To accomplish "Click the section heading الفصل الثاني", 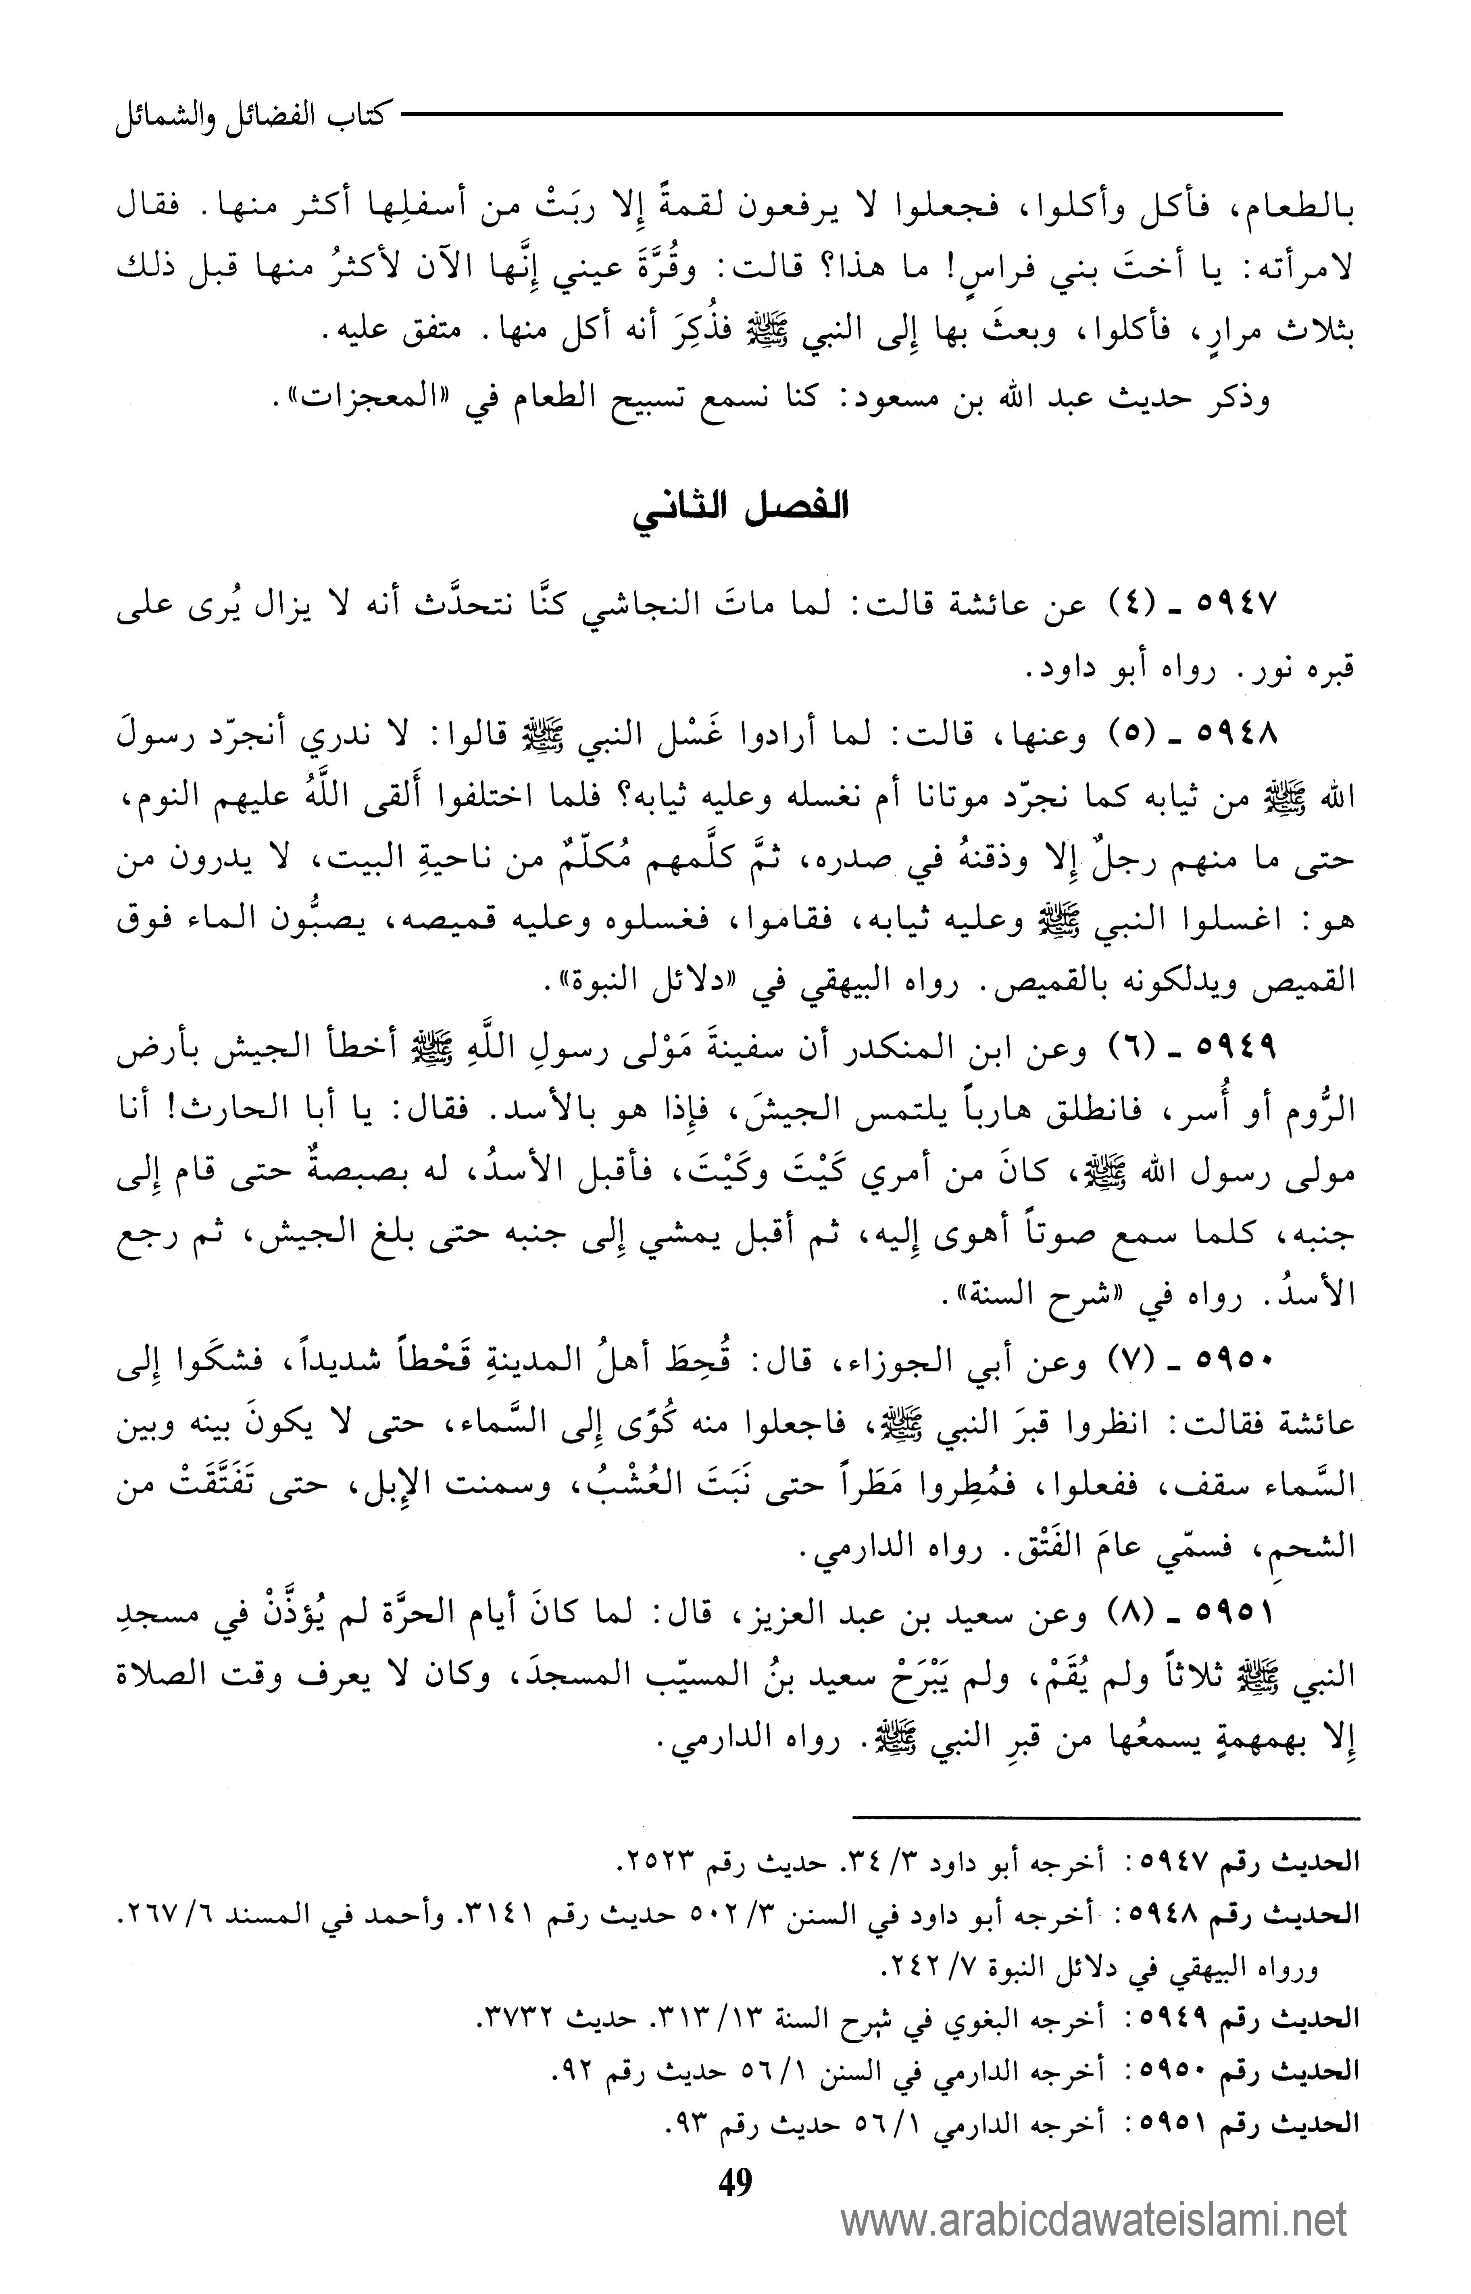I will [740, 506].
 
